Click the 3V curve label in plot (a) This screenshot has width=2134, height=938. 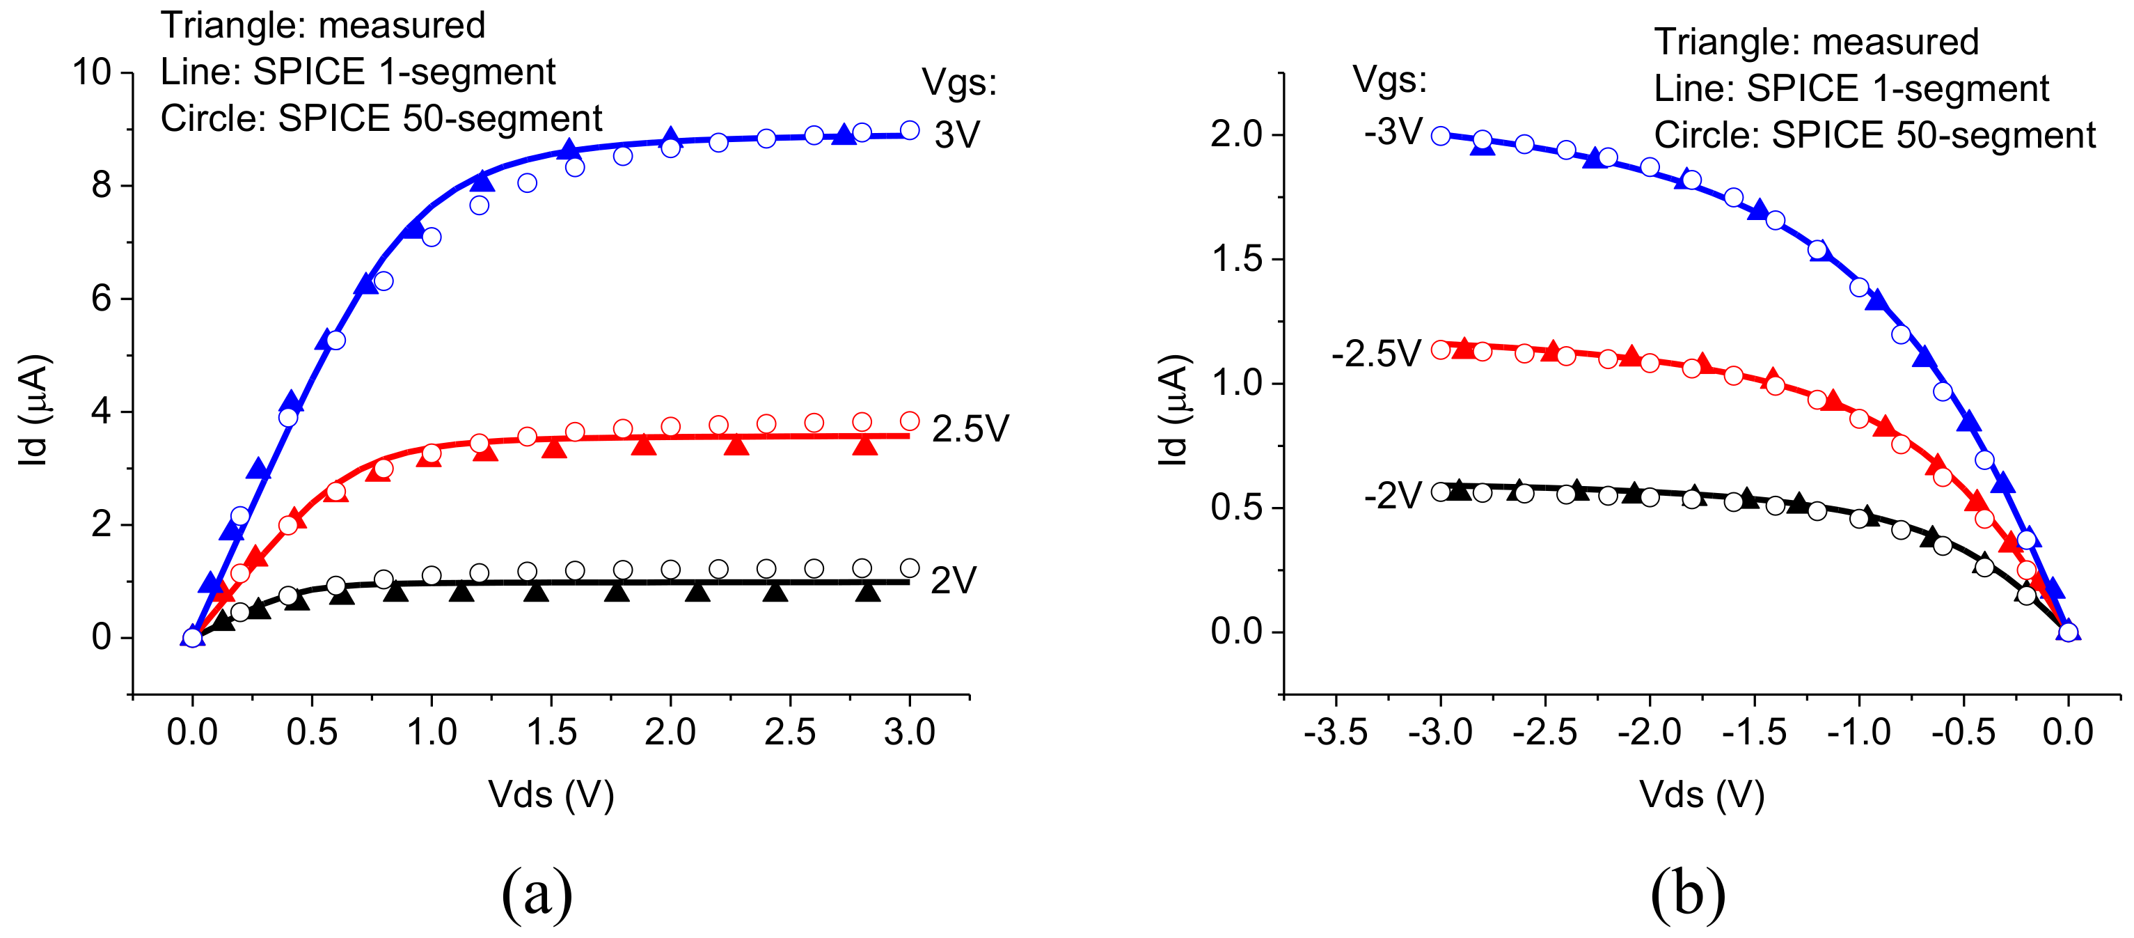pos(957,134)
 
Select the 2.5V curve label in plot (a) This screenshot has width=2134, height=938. pos(970,429)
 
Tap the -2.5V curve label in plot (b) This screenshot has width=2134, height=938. pos(1376,354)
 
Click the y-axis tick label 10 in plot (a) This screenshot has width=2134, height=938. pos(91,73)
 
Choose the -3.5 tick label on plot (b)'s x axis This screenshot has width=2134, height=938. pos(1336,733)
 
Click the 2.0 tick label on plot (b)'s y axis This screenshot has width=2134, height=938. pos(1235,134)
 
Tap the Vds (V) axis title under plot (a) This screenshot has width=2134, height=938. pos(551,795)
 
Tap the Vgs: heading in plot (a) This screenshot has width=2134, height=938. pos(959,82)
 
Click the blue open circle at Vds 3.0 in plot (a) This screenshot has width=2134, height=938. pos(909,130)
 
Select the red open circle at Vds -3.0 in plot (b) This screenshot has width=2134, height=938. pos(1441,350)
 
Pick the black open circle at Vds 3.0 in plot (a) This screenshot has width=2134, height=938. pos(909,568)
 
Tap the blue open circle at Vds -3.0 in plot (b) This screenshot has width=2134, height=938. pos(1441,136)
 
